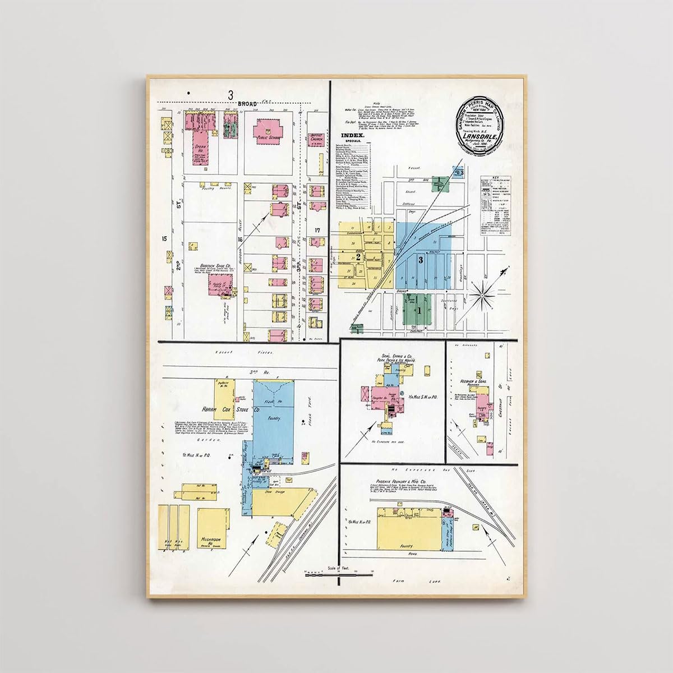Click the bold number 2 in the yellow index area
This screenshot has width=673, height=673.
click(357, 257)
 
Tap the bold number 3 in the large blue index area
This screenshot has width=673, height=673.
click(420, 260)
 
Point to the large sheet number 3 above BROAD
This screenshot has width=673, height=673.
click(230, 95)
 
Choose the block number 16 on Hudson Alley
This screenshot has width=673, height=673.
click(240, 239)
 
